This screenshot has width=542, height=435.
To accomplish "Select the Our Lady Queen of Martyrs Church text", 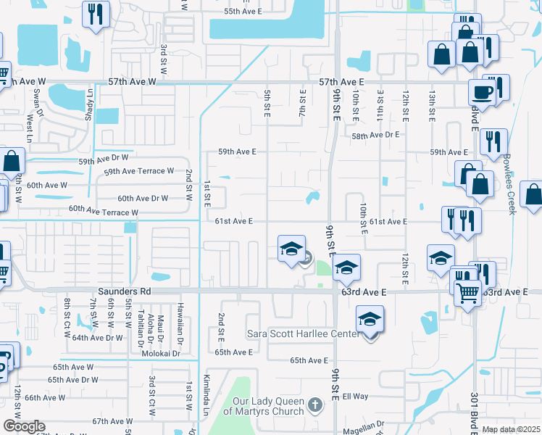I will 268,406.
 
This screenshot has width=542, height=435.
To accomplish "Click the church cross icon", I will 314,404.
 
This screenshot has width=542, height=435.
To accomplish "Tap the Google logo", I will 24,426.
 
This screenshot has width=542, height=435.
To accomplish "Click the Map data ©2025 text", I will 511,429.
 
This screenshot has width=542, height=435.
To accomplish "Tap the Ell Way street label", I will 356,397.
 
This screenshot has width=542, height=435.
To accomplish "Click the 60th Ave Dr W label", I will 143,198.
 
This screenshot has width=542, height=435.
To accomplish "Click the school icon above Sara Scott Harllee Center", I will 370,318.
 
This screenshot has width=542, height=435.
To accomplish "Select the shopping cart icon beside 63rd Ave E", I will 467,292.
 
